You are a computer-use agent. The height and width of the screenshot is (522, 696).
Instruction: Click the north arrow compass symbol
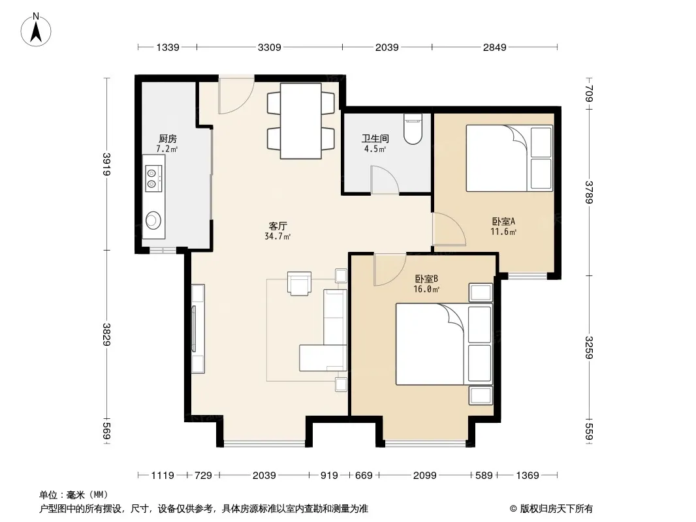[x=36, y=30]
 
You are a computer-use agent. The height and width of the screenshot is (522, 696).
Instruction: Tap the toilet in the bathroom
[x=413, y=129]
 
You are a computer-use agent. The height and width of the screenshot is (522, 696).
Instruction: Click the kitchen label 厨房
[x=168, y=139]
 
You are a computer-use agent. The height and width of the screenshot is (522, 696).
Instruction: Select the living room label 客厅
[x=278, y=226]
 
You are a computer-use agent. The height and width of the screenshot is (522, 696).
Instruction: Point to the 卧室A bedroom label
[x=503, y=221]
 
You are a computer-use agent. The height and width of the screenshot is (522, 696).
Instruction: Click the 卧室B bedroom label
[x=426, y=279]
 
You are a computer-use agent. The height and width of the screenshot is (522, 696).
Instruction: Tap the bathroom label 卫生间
[x=375, y=139]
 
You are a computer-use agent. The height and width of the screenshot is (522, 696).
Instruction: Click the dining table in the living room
[x=301, y=121]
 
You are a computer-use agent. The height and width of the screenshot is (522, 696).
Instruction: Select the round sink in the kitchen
[x=153, y=219]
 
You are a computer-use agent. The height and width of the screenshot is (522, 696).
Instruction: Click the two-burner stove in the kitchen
[x=153, y=178]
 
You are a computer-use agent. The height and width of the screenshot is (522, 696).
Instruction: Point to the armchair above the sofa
[x=299, y=283]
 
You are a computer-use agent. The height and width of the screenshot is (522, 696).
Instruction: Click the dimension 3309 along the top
[x=270, y=47]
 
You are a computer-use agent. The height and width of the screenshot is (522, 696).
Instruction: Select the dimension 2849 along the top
[x=494, y=47]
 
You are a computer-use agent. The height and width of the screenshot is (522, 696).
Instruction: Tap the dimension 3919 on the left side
[x=106, y=164]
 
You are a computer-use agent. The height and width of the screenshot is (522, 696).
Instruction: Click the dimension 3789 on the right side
[x=588, y=192]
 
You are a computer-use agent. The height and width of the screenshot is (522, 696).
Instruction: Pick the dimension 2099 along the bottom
[x=425, y=476]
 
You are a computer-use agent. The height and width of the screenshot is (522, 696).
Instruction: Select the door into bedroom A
[x=449, y=229]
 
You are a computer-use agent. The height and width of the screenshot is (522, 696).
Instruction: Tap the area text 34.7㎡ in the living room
[x=278, y=236]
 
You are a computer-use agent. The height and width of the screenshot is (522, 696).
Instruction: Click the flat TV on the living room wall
[x=193, y=329]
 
